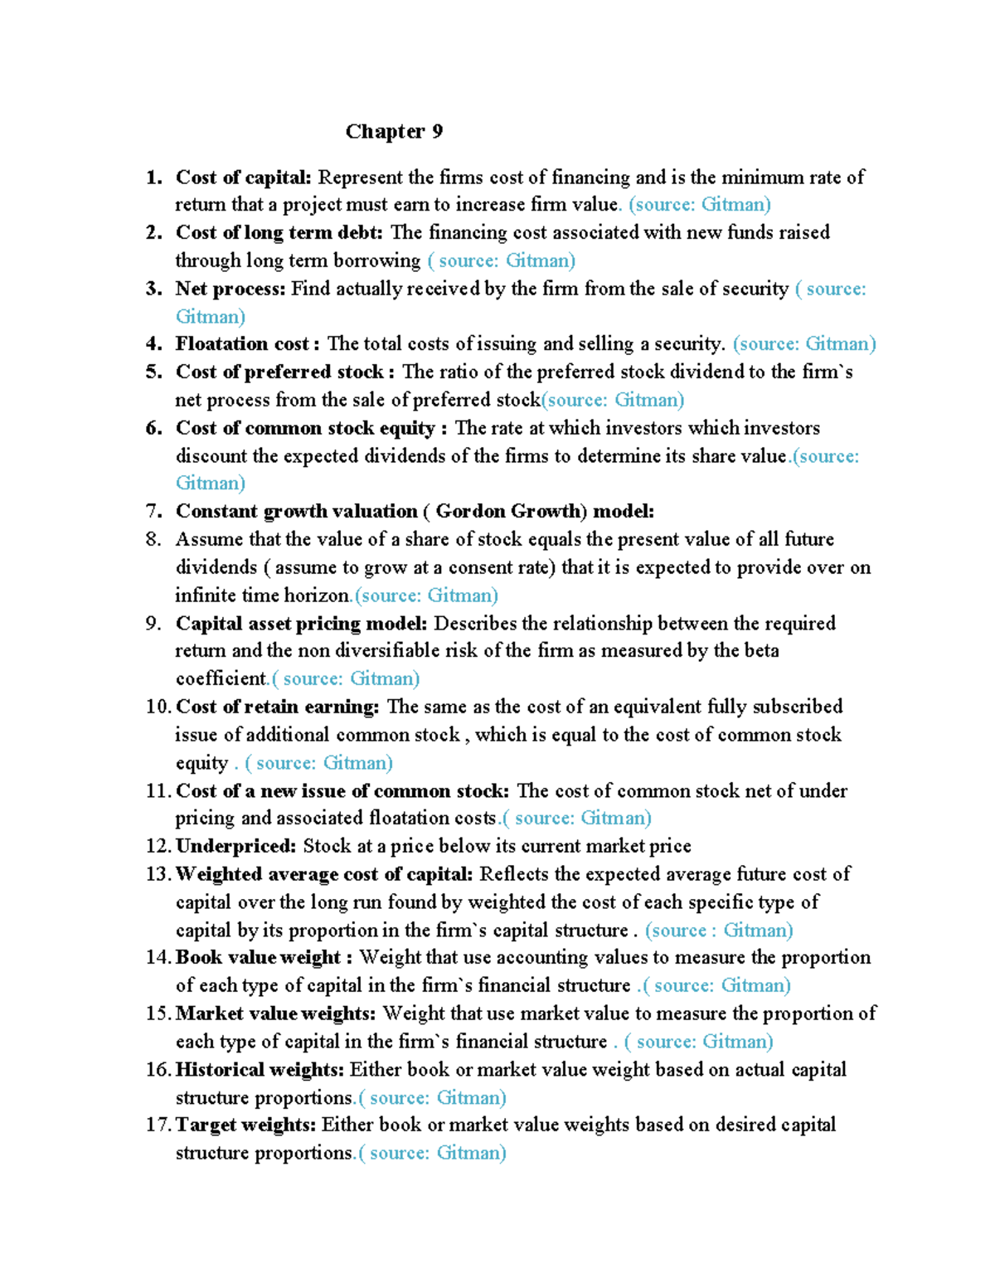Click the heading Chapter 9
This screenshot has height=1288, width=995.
pyautogui.click(x=394, y=131)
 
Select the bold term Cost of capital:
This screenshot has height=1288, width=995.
pyautogui.click(x=243, y=177)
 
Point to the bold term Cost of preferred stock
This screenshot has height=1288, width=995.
pyautogui.click(x=279, y=372)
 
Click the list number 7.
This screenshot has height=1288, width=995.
pyautogui.click(x=153, y=512)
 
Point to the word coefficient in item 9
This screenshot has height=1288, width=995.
pyautogui.click(x=221, y=679)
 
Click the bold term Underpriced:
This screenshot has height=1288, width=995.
pyautogui.click(x=235, y=846)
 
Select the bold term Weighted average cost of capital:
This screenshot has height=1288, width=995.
pyautogui.click(x=324, y=874)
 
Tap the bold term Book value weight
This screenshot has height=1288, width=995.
pyautogui.click(x=258, y=958)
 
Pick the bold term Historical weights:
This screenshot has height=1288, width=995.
pyautogui.click(x=261, y=1070)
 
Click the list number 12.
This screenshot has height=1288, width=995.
pyautogui.click(x=158, y=846)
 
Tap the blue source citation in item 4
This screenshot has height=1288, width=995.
pyautogui.click(x=804, y=344)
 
